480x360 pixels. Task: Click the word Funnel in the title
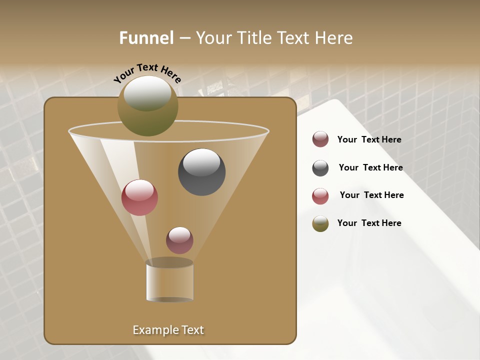[x=146, y=38]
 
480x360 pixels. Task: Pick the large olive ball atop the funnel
[x=147, y=106]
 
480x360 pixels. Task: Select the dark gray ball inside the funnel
[x=202, y=172]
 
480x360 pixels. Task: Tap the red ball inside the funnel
[x=139, y=197]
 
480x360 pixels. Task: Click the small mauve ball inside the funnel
[x=179, y=240]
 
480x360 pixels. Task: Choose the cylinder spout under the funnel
[x=169, y=281]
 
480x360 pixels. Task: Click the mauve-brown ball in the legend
[x=320, y=139]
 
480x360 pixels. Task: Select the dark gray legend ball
[x=320, y=168]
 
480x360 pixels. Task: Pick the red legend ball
[x=320, y=196]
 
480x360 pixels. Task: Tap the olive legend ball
[x=320, y=223]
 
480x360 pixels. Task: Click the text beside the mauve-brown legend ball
[x=369, y=139]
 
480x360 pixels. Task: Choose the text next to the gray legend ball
[x=370, y=167]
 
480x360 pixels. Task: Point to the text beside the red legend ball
[x=371, y=195]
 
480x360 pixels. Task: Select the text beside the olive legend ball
[x=369, y=223]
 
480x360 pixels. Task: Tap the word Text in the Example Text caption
[x=192, y=330]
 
